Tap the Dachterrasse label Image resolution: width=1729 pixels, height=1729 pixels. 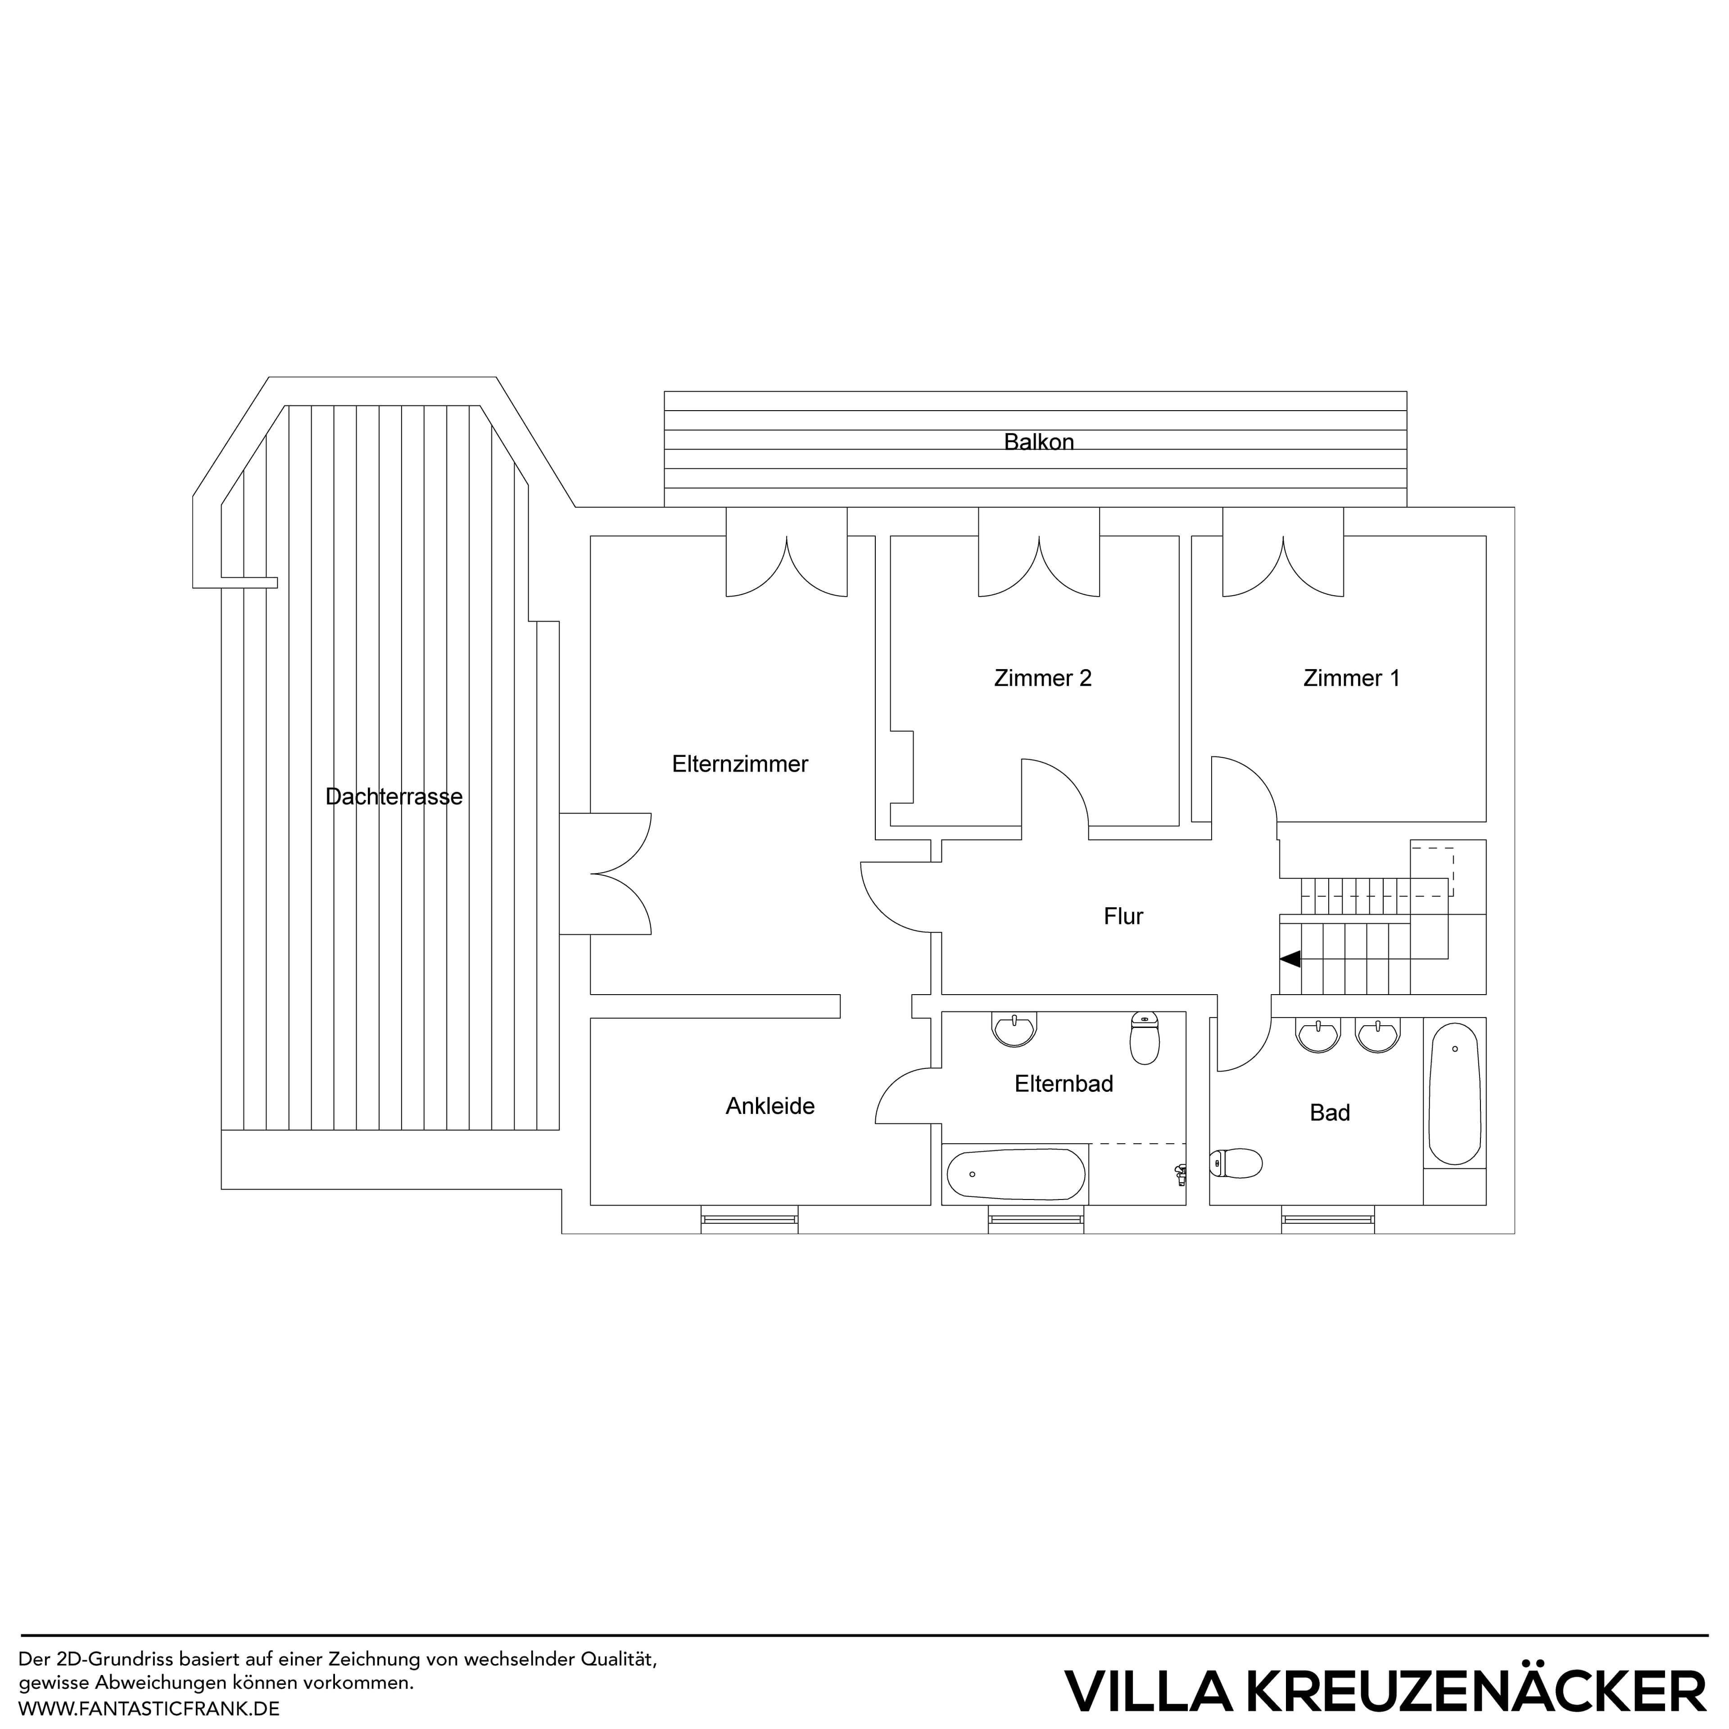tap(394, 797)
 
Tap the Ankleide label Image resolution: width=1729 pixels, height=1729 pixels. tap(769, 1106)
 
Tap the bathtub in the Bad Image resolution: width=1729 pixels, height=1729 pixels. tap(1454, 1094)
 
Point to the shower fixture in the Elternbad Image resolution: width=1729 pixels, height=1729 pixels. tap(1181, 1174)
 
